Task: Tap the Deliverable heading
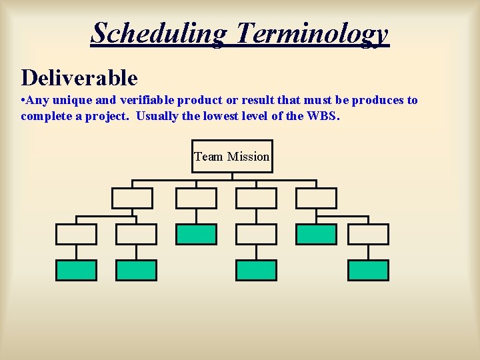coord(79,78)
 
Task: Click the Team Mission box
coord(232,157)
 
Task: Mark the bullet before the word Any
coord(23,101)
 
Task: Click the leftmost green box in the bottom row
coord(76,270)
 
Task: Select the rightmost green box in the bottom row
coord(368,270)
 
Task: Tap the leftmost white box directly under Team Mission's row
coord(132,198)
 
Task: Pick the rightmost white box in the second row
coord(316,198)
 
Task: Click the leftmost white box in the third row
coord(76,234)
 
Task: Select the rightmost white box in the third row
coord(368,234)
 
